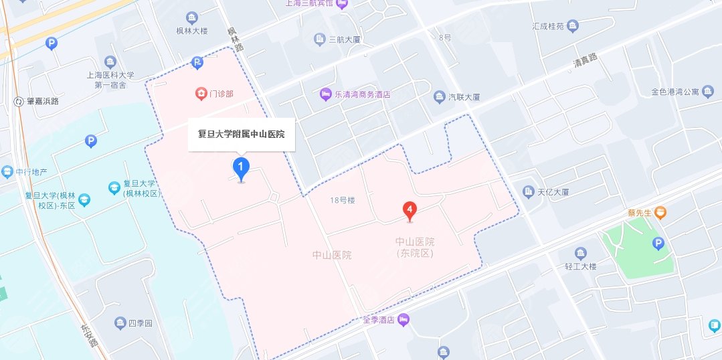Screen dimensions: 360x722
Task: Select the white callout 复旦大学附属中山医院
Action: click(x=241, y=134)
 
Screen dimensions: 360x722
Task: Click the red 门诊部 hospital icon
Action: click(x=199, y=93)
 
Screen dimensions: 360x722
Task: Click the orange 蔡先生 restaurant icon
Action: click(x=660, y=213)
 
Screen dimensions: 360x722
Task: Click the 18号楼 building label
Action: click(x=341, y=200)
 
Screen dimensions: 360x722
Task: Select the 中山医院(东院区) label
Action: click(x=415, y=247)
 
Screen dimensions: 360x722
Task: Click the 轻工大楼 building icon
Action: click(x=581, y=253)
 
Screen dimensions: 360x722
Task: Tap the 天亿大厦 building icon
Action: click(x=529, y=192)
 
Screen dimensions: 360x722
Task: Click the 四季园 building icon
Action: click(x=120, y=324)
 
